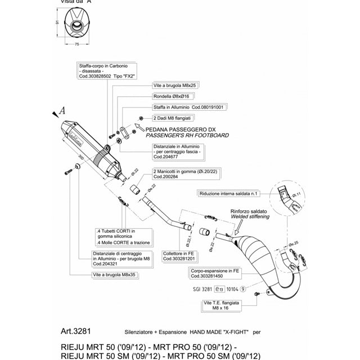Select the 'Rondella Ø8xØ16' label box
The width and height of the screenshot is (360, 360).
172,96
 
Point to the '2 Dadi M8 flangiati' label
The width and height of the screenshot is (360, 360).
172,118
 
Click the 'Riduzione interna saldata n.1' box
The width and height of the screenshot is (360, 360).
227,193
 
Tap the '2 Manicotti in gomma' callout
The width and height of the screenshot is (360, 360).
177,172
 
